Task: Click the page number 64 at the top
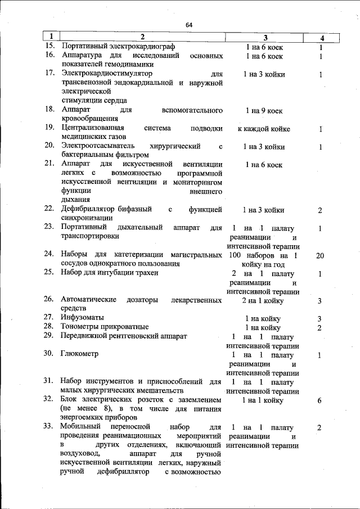pyautogui.click(x=189, y=25)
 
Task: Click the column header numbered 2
pyautogui.click(x=142, y=38)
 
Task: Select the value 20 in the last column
pyautogui.click(x=319, y=255)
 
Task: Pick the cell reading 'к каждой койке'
pyautogui.click(x=264, y=129)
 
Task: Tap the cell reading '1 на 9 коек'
pyautogui.click(x=264, y=110)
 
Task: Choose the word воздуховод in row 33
pyautogui.click(x=81, y=454)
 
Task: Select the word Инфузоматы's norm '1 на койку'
pyautogui.click(x=263, y=318)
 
